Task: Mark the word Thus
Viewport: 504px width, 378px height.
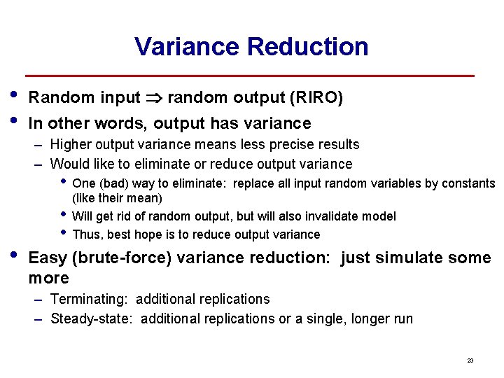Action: pyautogui.click(x=86, y=234)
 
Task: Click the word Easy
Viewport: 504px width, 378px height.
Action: pyautogui.click(x=48, y=258)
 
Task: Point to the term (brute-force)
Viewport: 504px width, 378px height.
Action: pyautogui.click(x=122, y=258)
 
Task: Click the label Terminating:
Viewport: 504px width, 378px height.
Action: pyautogui.click(x=89, y=300)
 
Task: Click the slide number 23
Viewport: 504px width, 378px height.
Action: pyautogui.click(x=470, y=360)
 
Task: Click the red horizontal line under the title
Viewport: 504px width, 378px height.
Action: pyautogui.click(x=250, y=76)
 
